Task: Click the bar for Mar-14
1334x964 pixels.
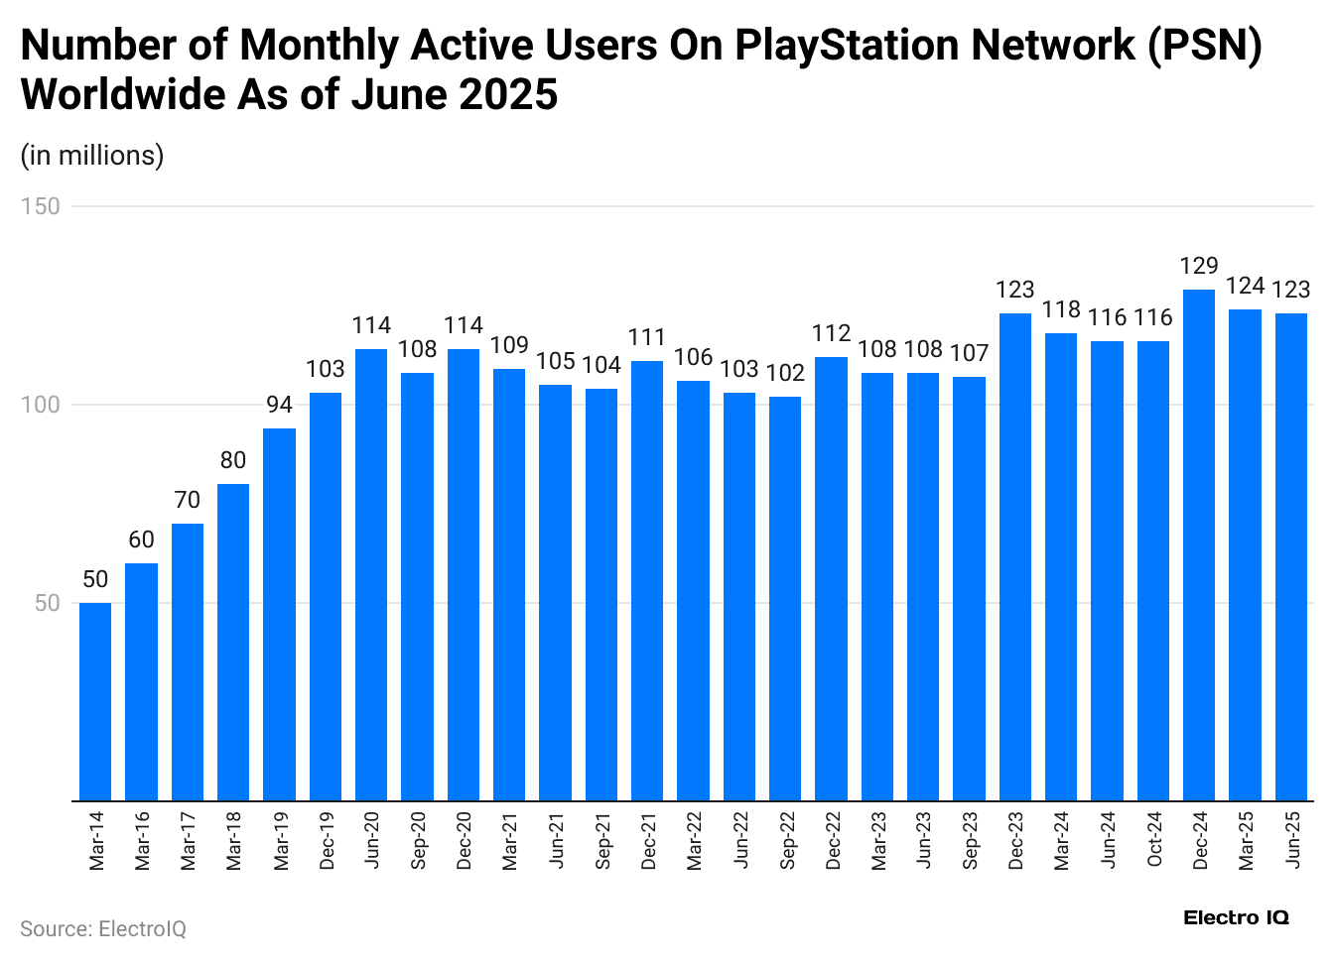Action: [x=95, y=701]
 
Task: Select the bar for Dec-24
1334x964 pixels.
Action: [x=1199, y=544]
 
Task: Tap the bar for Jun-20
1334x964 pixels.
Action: [x=371, y=574]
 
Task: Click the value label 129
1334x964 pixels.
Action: [x=1199, y=266]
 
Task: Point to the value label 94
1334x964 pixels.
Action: [x=279, y=405]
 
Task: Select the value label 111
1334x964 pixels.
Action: [x=647, y=337]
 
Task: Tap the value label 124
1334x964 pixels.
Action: [x=1245, y=286]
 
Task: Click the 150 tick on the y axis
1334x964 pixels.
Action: [x=41, y=206]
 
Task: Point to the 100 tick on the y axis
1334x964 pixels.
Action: [x=41, y=405]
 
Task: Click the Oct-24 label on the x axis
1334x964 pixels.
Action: [x=1154, y=840]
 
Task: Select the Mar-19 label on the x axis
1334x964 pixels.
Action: [x=281, y=840]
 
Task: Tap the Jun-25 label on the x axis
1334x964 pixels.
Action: [x=1292, y=840]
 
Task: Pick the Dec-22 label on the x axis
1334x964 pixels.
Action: [x=833, y=840]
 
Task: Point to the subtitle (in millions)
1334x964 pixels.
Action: [x=92, y=155]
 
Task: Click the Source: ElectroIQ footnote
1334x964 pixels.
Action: [x=103, y=928]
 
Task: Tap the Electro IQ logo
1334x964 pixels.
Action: [x=1236, y=917]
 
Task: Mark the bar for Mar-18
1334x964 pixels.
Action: [x=233, y=642]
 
